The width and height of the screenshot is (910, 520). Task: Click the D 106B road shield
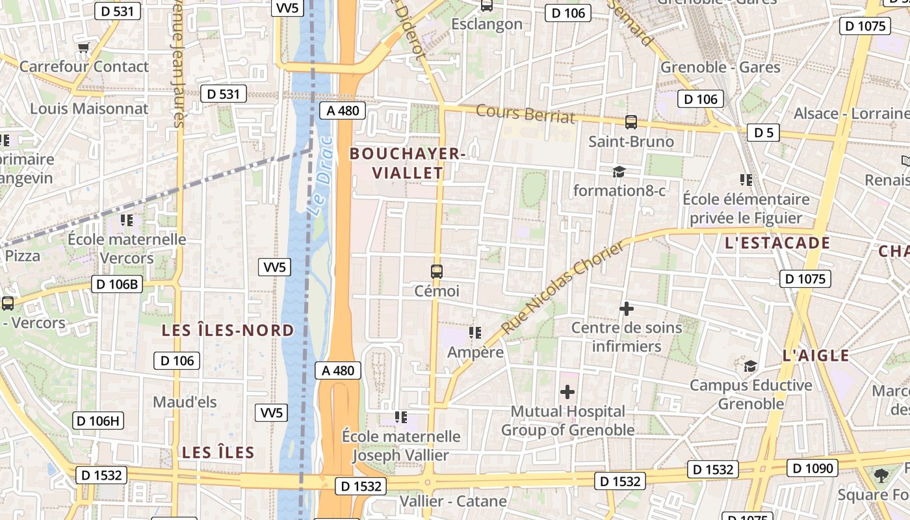coord(116,284)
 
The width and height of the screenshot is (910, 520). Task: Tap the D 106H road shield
coord(97,421)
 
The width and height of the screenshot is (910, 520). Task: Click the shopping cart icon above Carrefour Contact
coord(83,47)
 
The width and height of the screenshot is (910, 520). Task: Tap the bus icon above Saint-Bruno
coord(630,122)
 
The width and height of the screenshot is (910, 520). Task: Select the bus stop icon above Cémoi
coord(437,271)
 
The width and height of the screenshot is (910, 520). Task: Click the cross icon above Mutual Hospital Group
coord(567,392)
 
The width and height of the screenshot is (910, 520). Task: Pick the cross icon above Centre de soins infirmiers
coord(627,309)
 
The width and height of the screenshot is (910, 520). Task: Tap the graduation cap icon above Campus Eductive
coord(751,366)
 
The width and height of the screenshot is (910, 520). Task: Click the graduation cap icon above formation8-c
coord(619,172)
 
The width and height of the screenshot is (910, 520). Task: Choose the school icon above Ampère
coord(475,333)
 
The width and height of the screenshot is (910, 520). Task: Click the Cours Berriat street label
coord(525,113)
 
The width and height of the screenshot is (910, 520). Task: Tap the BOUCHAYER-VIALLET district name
coord(408,163)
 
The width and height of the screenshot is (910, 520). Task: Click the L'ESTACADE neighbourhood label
coord(777,243)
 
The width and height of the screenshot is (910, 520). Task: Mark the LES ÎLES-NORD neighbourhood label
coord(227,330)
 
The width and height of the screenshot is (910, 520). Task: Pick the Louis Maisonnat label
coord(89,109)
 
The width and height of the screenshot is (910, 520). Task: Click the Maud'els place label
coord(185,402)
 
